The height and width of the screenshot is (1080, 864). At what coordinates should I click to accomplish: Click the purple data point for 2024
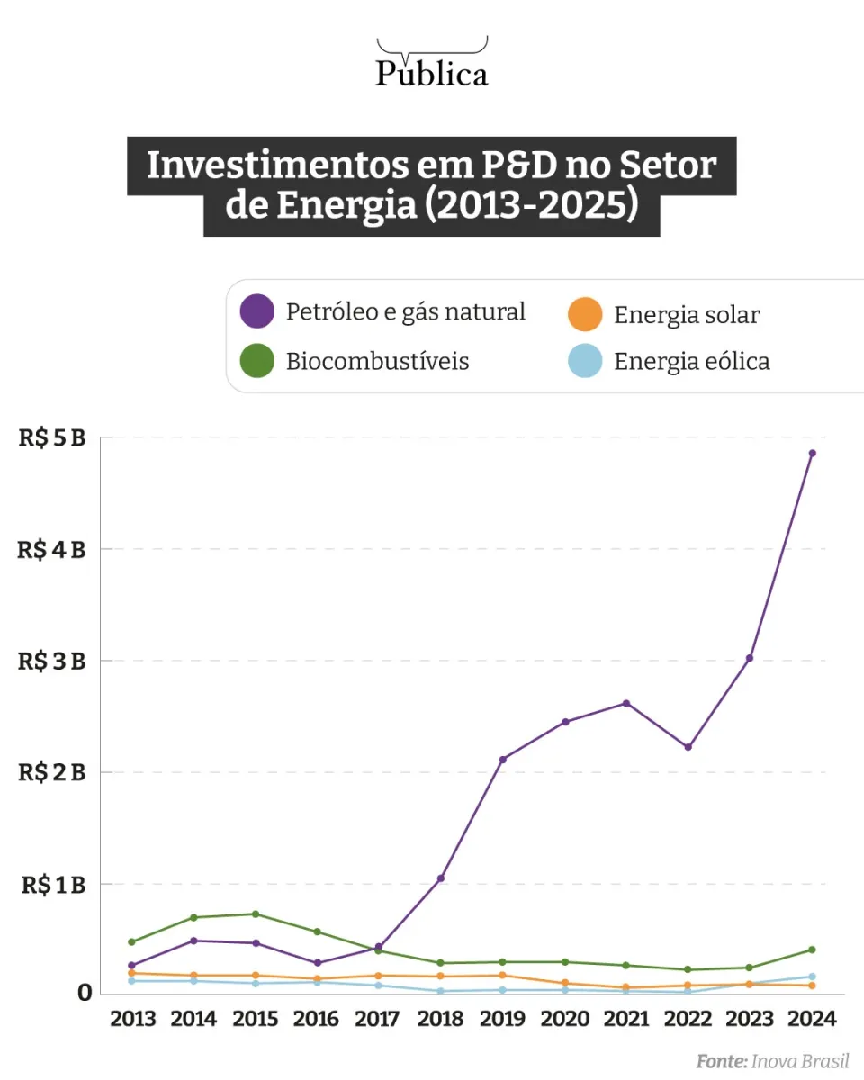[x=812, y=454]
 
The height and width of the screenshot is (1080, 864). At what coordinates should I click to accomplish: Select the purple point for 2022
[x=688, y=747]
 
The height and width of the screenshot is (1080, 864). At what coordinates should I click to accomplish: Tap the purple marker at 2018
[x=441, y=878]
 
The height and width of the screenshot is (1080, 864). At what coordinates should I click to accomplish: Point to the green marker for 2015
[x=256, y=914]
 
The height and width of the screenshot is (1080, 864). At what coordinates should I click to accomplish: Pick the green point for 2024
[x=812, y=949]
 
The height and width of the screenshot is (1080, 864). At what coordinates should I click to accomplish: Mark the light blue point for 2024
[x=812, y=976]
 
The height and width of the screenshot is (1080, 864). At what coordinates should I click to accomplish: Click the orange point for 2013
[x=131, y=973]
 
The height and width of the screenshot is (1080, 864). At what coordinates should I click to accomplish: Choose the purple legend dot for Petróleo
[x=257, y=312]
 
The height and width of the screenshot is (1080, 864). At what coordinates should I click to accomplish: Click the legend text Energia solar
[x=687, y=315]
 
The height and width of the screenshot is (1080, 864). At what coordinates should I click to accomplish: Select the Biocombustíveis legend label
[x=378, y=362]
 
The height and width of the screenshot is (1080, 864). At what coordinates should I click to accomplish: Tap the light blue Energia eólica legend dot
[x=585, y=362]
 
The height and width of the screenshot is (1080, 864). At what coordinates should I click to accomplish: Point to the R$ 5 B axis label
[x=52, y=439]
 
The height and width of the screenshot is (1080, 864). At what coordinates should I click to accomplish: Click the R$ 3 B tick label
[x=52, y=661]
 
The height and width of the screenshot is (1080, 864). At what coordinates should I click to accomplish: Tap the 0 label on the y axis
[x=85, y=993]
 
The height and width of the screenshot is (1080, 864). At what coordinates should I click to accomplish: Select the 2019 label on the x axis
[x=503, y=1019]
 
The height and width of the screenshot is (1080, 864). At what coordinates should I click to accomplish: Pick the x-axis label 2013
[x=132, y=1019]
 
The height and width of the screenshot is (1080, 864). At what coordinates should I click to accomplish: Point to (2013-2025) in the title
[x=531, y=206]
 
